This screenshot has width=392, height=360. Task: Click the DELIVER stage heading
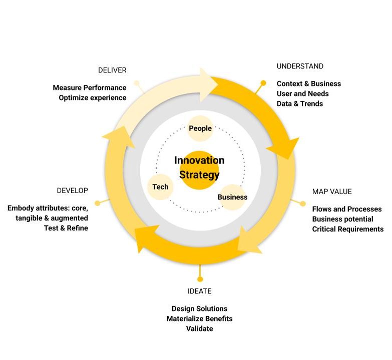112,70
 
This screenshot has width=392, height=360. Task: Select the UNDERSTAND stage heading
300,66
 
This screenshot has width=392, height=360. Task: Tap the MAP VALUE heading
332,191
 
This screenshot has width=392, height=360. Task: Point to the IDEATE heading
199,291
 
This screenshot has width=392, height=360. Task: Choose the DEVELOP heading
73,190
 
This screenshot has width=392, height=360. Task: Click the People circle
200,128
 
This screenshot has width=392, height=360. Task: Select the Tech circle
161,187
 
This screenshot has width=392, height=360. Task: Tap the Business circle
232,197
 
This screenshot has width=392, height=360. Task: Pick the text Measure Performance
90,88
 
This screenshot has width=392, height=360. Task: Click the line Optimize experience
93,97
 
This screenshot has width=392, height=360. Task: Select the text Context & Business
309,83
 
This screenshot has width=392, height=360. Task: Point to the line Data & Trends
300,103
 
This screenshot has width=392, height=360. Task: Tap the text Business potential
342,219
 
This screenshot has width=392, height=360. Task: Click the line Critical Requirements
348,229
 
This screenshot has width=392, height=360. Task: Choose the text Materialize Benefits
199,318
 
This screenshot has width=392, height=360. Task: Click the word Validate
199,328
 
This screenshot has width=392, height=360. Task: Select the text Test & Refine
66,228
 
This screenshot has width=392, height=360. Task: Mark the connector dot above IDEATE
200,279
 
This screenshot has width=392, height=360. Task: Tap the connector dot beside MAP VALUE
302,203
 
